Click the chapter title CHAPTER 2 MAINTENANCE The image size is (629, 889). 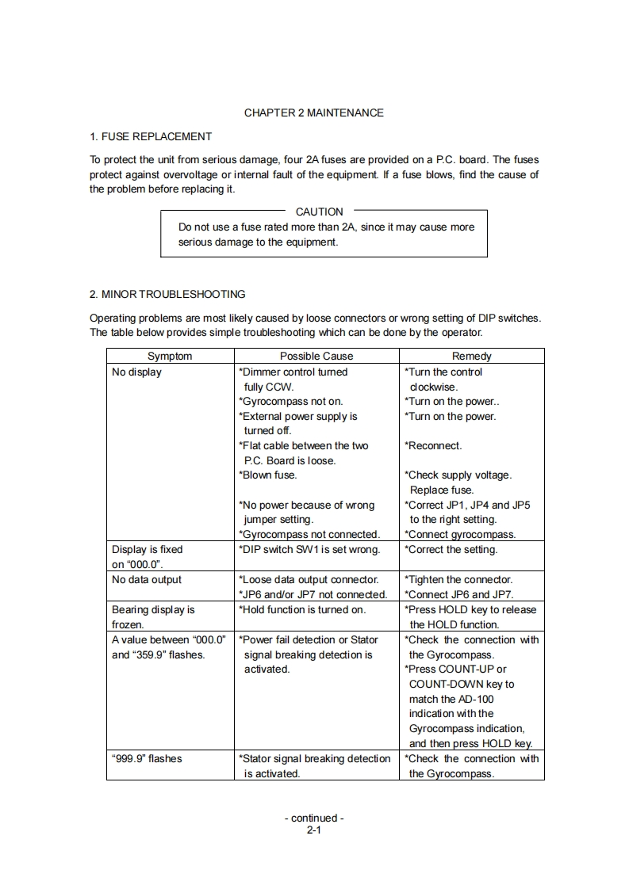pos(313,113)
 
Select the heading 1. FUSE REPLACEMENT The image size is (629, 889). pos(150,136)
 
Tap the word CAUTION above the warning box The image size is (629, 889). pos(319,212)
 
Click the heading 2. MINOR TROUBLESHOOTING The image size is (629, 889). pos(167,294)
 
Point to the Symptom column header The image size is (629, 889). pos(170,357)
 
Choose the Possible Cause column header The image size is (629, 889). pos(316,357)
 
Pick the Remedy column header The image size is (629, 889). pos(472,357)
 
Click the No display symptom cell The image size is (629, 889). pos(136,372)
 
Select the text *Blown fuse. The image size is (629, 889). pos(268,475)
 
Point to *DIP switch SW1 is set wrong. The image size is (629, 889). pos(309,549)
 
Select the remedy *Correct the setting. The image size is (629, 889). pos(451,549)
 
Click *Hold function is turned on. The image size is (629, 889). pos(302,609)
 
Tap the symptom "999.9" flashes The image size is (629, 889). pos(147,758)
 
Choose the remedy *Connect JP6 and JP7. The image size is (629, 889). pos(459,594)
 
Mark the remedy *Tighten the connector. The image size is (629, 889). pos(458,579)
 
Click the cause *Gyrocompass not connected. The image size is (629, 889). pos(309,534)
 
